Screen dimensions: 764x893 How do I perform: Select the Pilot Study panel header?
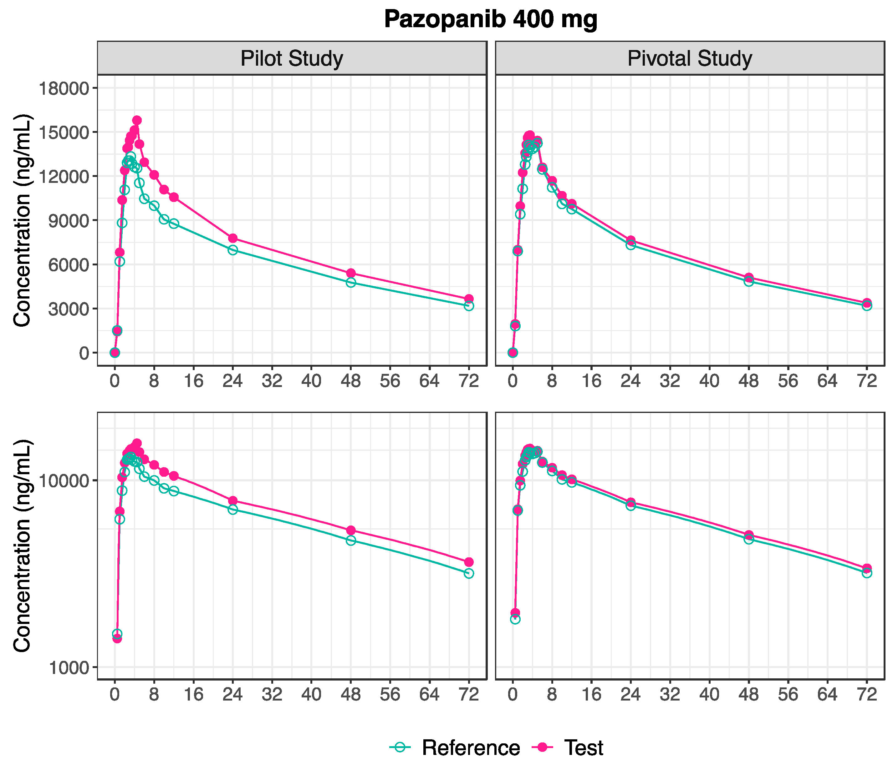(292, 58)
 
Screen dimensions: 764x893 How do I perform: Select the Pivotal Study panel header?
(690, 58)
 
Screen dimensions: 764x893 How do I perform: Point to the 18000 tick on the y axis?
(64, 88)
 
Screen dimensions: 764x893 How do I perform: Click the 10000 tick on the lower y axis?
(64, 480)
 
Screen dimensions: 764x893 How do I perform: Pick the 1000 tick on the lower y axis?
(68, 667)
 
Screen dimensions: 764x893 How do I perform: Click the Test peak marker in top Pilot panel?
(137, 120)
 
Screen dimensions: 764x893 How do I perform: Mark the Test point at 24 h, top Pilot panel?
(233, 238)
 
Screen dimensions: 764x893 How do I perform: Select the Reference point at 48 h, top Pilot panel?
(351, 283)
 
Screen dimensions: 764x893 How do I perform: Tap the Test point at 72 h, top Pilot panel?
(469, 299)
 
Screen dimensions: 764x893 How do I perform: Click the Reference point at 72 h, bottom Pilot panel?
(469, 573)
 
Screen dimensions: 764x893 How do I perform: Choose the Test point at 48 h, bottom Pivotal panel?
(749, 535)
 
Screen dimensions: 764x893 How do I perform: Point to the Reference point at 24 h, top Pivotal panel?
(630, 245)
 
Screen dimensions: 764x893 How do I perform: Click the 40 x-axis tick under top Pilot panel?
(311, 381)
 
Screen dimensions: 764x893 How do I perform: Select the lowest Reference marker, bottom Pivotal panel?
(515, 619)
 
